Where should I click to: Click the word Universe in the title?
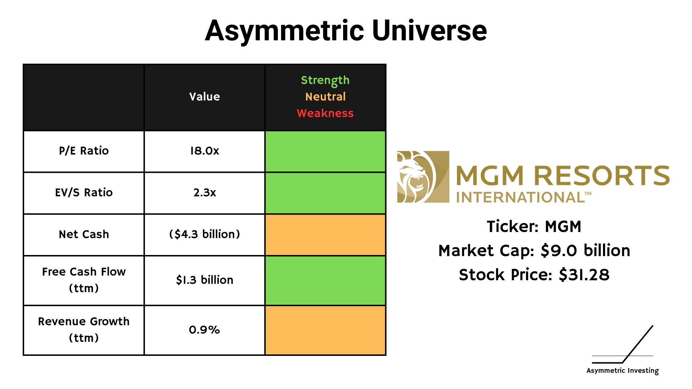click(x=429, y=31)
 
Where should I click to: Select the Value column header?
click(x=204, y=97)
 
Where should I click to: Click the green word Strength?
click(x=325, y=80)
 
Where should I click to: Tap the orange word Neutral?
click(x=325, y=97)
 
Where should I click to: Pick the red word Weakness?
click(x=325, y=113)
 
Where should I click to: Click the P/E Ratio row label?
click(x=84, y=151)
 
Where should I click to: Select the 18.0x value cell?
click(x=204, y=151)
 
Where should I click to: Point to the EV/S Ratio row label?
click(x=84, y=192)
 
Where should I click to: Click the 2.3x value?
click(x=204, y=192)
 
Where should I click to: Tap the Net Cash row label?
click(x=84, y=234)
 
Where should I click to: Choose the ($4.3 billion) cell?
click(x=204, y=234)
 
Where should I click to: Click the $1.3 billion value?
click(x=204, y=280)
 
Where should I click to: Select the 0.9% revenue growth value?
click(x=204, y=330)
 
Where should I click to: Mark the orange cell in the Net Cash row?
click(x=325, y=235)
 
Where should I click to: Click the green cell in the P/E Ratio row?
click(x=325, y=151)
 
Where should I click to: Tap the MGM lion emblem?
click(x=423, y=176)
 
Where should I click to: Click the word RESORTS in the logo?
click(x=602, y=176)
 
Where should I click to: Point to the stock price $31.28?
click(x=584, y=275)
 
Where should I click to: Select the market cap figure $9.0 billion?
click(x=585, y=250)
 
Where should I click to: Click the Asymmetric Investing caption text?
click(x=622, y=371)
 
